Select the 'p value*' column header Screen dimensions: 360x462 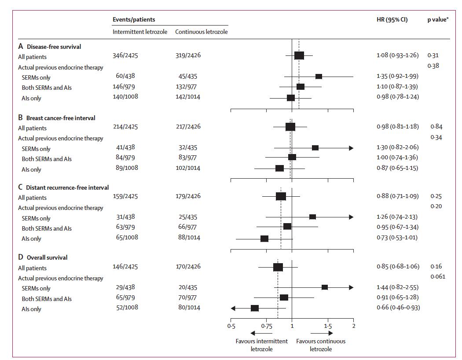coord(438,20)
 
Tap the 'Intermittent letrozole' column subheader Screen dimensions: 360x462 coord(140,32)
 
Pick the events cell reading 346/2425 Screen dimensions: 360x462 coord(125,55)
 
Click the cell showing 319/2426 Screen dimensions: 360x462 coord(188,55)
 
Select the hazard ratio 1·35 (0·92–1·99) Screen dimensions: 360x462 coord(398,77)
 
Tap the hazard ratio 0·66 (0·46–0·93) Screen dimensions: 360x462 coord(398,307)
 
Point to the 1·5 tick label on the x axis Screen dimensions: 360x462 coord(328,326)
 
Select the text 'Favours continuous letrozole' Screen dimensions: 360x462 coord(321,345)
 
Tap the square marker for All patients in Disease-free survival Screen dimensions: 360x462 coord(299,55)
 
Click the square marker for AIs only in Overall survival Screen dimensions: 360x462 coord(255,308)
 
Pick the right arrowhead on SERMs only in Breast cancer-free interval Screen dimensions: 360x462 coord(351,148)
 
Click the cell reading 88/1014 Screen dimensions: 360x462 coord(188,238)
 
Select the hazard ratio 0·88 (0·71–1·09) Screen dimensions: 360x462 coord(398,196)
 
